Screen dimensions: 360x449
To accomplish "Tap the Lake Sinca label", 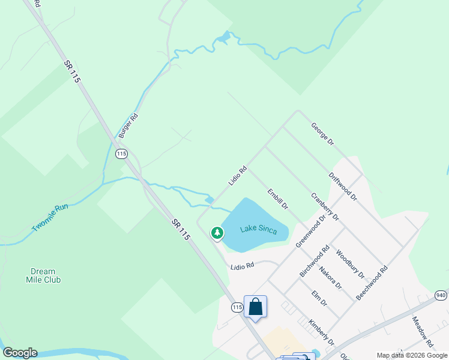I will (259, 229).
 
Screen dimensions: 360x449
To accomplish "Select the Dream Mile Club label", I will (43, 275).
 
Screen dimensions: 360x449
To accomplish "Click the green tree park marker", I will (216, 233).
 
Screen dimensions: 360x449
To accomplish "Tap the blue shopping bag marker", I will (255, 307).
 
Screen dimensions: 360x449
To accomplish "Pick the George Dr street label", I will (322, 134).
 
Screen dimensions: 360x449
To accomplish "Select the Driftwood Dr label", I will (343, 186).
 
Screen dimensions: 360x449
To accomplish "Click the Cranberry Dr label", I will (325, 206).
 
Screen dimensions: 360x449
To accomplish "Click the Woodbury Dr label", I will (350, 264).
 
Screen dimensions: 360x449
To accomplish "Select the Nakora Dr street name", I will (330, 277).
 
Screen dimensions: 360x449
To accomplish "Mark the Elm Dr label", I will (319, 298).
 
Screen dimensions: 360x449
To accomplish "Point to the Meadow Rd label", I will (423, 332).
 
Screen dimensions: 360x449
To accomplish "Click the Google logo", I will (20, 352).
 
